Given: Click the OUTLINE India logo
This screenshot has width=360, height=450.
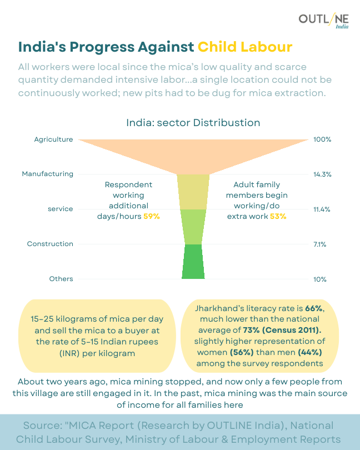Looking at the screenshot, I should pyautogui.click(x=323, y=21).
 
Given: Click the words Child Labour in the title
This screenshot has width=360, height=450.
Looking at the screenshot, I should pyautogui.click(x=245, y=46).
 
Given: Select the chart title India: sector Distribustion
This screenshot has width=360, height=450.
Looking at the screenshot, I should pyautogui.click(x=193, y=122).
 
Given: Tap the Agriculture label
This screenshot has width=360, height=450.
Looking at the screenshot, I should pyautogui.click(x=53, y=139).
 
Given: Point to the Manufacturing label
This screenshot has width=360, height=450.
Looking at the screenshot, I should pyautogui.click(x=47, y=174).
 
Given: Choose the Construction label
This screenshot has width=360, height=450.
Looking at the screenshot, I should pyautogui.click(x=50, y=244).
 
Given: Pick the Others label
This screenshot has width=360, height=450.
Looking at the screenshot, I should pyautogui.click(x=61, y=278).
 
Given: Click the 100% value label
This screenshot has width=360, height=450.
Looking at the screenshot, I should pyautogui.click(x=322, y=139).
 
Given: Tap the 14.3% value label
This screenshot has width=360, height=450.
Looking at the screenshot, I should pyautogui.click(x=322, y=174).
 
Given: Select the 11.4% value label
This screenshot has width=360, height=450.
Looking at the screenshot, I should pyautogui.click(x=322, y=209).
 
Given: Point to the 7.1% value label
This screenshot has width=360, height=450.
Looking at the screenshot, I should pyautogui.click(x=321, y=244).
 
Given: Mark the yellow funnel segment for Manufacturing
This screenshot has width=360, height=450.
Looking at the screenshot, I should pyautogui.click(x=193, y=192).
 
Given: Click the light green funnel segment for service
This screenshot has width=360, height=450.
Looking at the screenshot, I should pyautogui.click(x=193, y=227).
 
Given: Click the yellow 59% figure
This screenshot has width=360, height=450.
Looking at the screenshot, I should pyautogui.click(x=152, y=217).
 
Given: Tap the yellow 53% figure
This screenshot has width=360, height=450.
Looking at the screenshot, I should pyautogui.click(x=278, y=217).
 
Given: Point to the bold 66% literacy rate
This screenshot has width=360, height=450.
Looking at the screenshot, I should pyautogui.click(x=314, y=308).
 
